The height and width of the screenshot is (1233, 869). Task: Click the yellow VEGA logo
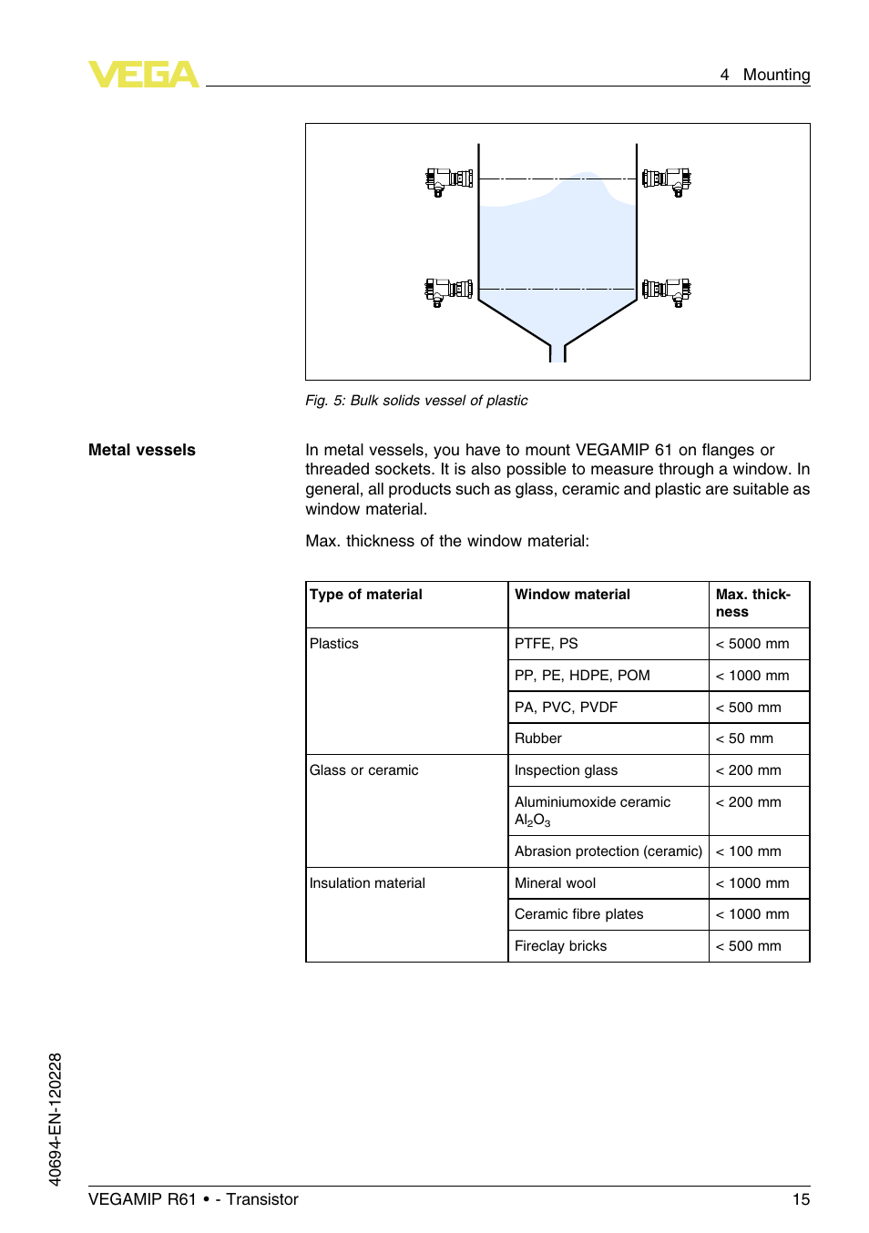pyautogui.click(x=143, y=74)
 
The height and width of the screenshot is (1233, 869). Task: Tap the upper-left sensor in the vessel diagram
pyautogui.click(x=449, y=179)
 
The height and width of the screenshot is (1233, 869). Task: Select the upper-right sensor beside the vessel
pyautogui.click(x=667, y=179)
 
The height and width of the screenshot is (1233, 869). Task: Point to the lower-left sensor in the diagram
pyautogui.click(x=449, y=290)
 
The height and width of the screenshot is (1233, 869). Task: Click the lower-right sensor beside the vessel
pyautogui.click(x=667, y=290)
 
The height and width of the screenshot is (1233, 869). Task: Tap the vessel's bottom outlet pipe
pyautogui.click(x=557, y=352)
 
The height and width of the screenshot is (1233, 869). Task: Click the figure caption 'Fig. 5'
pyautogui.click(x=416, y=401)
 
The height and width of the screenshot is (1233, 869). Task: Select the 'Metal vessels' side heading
pyautogui.click(x=142, y=450)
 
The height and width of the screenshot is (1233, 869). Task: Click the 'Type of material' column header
pyautogui.click(x=366, y=595)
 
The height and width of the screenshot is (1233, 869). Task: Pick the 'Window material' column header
pyautogui.click(x=572, y=595)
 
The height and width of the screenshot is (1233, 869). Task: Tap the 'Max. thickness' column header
pyautogui.click(x=752, y=603)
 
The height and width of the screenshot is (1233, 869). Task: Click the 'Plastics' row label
pyautogui.click(x=334, y=644)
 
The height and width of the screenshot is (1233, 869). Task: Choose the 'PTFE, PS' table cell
pyautogui.click(x=546, y=644)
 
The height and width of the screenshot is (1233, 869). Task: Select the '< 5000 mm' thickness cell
pyautogui.click(x=752, y=644)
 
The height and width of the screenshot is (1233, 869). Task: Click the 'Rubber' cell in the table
pyautogui.click(x=538, y=739)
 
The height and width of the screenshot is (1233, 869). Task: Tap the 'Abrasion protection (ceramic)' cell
pyautogui.click(x=608, y=851)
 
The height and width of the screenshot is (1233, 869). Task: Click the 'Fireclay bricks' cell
pyautogui.click(x=560, y=946)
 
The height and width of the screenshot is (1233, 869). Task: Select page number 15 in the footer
pyautogui.click(x=801, y=1199)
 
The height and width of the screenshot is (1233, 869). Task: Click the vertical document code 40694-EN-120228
pyautogui.click(x=56, y=1119)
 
